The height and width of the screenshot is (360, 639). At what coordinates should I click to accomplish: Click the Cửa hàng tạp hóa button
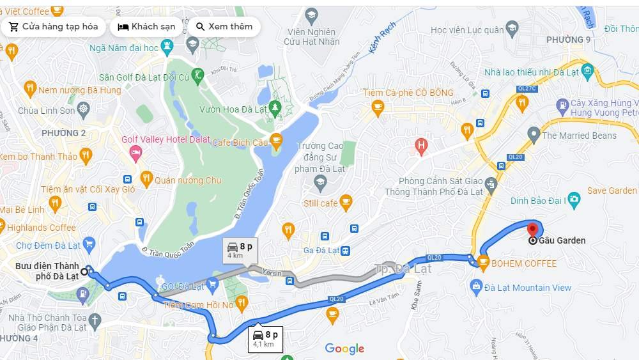(54, 27)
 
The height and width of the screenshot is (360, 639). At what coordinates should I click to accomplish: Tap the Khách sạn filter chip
(146, 27)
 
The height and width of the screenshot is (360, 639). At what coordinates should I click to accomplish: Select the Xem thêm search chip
(224, 27)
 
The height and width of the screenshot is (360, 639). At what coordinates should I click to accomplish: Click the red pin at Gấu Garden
(532, 230)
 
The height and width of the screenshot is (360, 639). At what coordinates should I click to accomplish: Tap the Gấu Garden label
(562, 241)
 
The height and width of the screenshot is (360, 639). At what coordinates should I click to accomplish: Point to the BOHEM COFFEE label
(525, 263)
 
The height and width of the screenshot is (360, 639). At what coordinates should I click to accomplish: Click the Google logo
(344, 348)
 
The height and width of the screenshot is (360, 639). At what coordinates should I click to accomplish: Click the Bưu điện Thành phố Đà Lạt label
(47, 271)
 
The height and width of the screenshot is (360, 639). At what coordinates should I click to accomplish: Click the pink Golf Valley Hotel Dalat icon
(135, 152)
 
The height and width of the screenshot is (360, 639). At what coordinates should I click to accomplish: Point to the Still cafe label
(320, 203)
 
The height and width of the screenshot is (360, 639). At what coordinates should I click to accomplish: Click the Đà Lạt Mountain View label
(528, 288)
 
